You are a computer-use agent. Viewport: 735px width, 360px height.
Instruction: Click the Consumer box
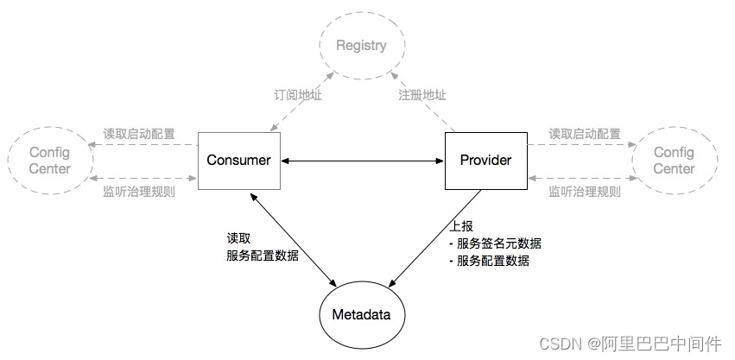(x=238, y=161)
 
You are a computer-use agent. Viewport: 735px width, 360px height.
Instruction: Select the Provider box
(x=485, y=161)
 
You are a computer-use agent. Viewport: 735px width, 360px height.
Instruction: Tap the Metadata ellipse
(x=362, y=314)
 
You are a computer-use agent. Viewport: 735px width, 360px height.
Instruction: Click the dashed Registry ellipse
(x=362, y=45)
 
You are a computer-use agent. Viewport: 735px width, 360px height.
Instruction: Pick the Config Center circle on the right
(x=674, y=161)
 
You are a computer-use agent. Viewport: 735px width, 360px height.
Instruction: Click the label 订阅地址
(x=293, y=95)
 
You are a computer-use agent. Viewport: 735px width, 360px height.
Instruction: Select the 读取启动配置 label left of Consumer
(x=139, y=134)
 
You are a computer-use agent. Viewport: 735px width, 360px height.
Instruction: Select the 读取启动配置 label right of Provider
(x=585, y=134)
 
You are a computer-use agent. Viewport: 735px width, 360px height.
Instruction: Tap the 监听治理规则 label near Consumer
(x=139, y=191)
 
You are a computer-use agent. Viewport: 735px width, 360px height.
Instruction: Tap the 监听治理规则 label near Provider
(x=585, y=191)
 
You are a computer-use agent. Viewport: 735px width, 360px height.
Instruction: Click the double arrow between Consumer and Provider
(x=362, y=161)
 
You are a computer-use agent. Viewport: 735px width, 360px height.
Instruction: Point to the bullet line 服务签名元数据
(x=499, y=243)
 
